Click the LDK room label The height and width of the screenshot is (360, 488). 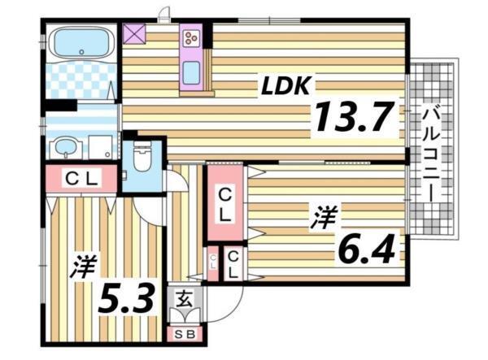(285, 85)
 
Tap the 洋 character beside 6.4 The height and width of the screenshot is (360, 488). (325, 218)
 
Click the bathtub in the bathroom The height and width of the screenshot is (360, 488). (79, 43)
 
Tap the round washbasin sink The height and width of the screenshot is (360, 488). (63, 147)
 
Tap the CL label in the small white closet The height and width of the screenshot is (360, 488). (233, 264)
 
